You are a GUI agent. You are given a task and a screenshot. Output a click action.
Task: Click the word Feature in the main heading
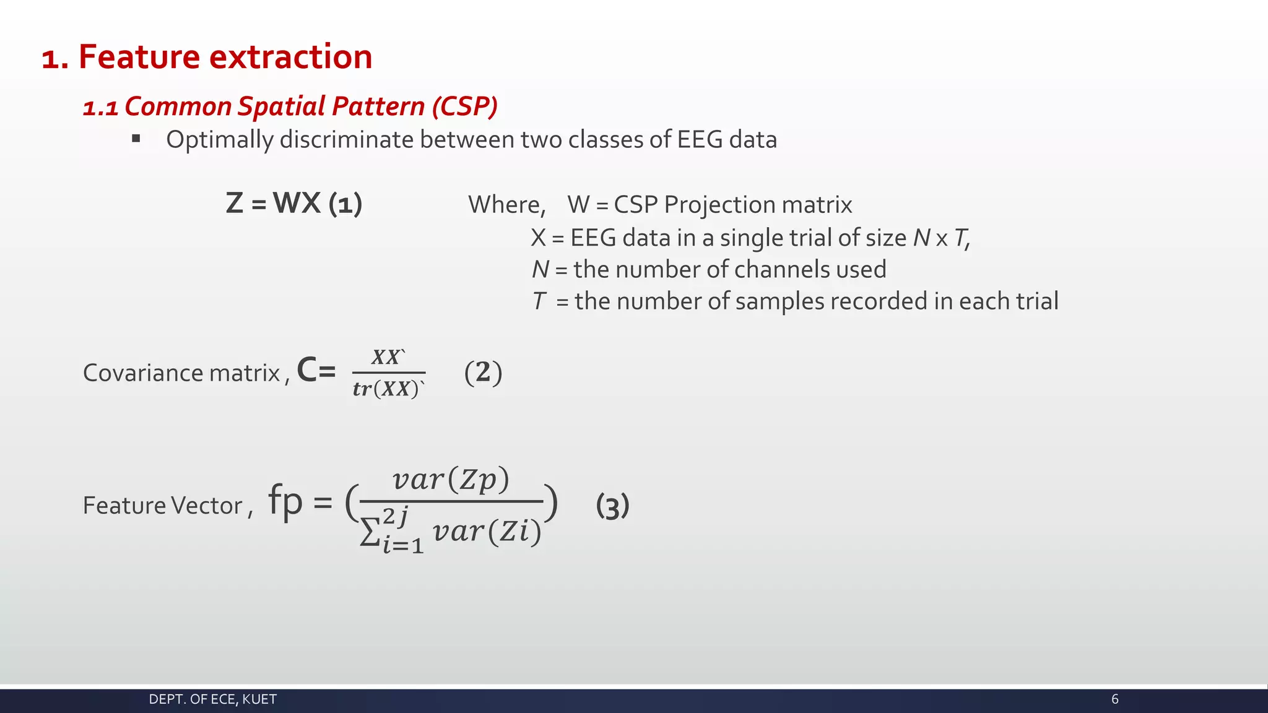(139, 57)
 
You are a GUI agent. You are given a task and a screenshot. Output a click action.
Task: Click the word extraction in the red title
(290, 57)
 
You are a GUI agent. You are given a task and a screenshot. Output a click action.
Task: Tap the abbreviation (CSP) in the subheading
(464, 106)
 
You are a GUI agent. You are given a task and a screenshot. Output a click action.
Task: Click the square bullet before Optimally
(136, 139)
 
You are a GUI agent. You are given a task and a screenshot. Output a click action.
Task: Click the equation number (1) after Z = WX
(345, 204)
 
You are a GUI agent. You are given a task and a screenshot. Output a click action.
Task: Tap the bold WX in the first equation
(297, 203)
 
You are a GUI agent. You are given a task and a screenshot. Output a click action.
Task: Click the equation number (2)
(483, 373)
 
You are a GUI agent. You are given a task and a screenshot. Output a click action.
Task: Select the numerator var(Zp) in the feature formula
(451, 480)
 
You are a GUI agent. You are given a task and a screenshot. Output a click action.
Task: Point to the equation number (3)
(612, 506)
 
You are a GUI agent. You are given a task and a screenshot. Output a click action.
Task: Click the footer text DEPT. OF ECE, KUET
(212, 699)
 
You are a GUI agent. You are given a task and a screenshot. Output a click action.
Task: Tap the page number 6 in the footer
(1115, 699)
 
